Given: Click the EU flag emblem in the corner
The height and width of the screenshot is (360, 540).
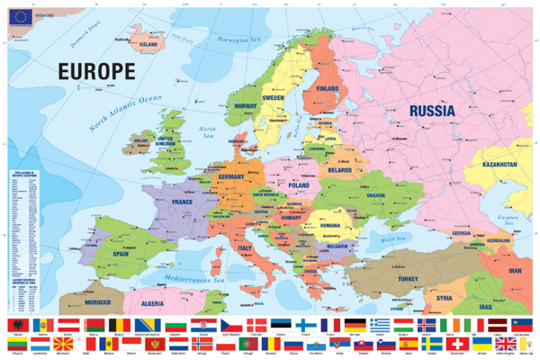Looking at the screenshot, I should pyautogui.click(x=19, y=14).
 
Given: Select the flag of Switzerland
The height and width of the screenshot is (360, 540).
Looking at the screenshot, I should pyautogui.click(x=463, y=344).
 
